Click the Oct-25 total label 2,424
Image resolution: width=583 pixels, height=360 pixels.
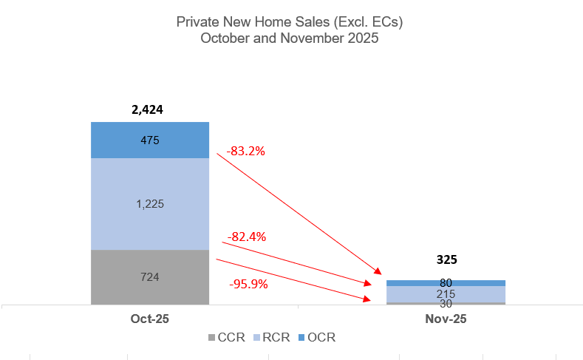coord(147,109)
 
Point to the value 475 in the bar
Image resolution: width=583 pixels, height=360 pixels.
coord(150,140)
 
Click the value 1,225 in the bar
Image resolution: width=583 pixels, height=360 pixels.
coord(150,204)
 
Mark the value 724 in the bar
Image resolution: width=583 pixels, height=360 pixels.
coord(150,277)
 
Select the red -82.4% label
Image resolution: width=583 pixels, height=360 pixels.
coord(247,237)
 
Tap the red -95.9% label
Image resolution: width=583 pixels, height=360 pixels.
coord(248,283)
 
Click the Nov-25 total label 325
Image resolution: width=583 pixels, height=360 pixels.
coord(446,259)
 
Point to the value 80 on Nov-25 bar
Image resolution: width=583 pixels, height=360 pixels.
coord(446,283)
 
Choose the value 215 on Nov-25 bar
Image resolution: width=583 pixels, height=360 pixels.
coord(446,293)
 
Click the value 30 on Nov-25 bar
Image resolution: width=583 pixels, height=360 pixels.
coord(446,303)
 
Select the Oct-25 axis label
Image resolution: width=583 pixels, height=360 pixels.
coord(149,319)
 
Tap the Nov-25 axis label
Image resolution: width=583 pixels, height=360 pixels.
coord(446,319)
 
